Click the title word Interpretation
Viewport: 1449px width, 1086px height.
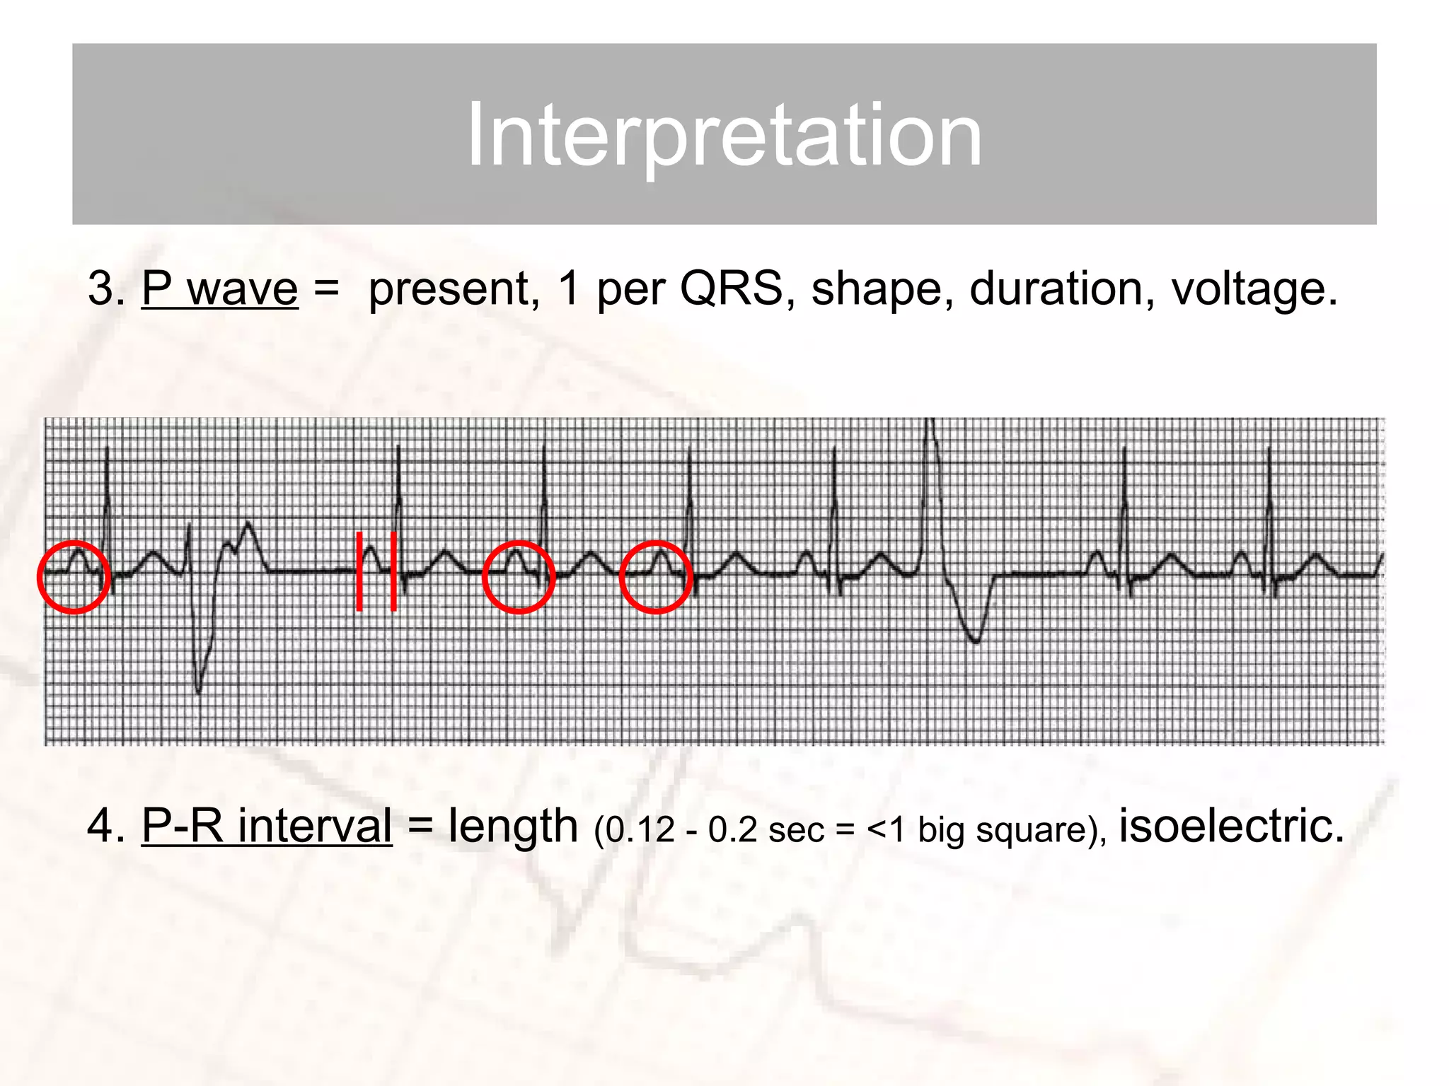pyautogui.click(x=724, y=134)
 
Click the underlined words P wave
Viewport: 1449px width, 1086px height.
pyautogui.click(x=220, y=288)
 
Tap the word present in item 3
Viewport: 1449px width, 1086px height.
pyautogui.click(x=449, y=288)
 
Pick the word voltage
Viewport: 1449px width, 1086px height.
pyautogui.click(x=1253, y=288)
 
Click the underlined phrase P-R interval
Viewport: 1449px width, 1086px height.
pyautogui.click(x=267, y=825)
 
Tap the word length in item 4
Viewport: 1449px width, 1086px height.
pyautogui.click(x=513, y=826)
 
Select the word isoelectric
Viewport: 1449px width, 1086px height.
pyautogui.click(x=1231, y=825)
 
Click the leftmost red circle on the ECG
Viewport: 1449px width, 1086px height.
pyautogui.click(x=74, y=576)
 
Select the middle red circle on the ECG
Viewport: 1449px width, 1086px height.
pyautogui.click(x=519, y=577)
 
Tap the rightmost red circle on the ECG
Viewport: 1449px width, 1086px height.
pyautogui.click(x=656, y=577)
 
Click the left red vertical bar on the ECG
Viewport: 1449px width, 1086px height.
pyautogui.click(x=359, y=571)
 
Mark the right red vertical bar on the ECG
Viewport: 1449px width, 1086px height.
pyautogui.click(x=393, y=571)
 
